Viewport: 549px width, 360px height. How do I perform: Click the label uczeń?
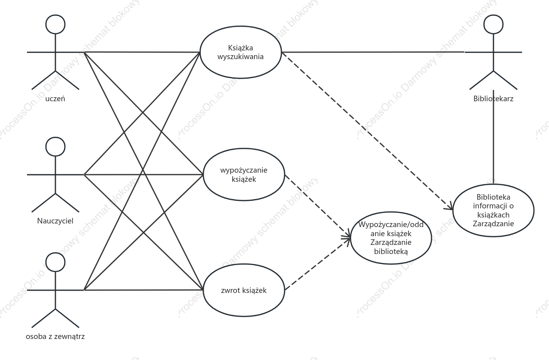coord(55,99)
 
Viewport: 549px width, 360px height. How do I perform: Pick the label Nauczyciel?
coord(55,221)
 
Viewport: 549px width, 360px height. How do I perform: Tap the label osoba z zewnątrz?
coord(55,337)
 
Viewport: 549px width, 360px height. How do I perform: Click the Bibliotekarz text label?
coord(493,98)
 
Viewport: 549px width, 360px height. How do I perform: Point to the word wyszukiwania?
coord(241,57)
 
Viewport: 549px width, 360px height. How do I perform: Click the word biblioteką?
coord(391,251)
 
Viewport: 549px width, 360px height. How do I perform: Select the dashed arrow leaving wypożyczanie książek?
coord(318,206)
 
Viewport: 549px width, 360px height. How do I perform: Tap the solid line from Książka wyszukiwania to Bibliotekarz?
coord(373,52)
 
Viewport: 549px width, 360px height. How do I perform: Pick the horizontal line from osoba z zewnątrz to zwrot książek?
coord(143,290)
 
